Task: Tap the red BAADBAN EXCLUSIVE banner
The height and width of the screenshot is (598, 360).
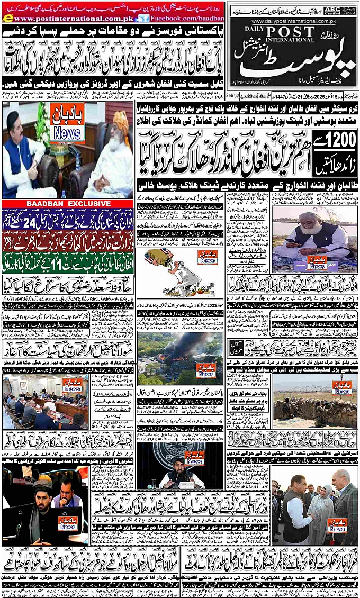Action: coord(68,203)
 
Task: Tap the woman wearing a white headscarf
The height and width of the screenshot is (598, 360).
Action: coord(320,508)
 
